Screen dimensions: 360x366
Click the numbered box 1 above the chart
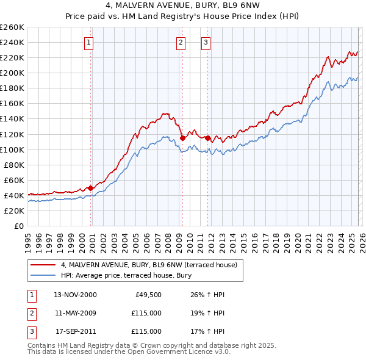[89, 42]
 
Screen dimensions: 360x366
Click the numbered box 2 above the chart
[181, 42]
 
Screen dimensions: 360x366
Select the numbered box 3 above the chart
[206, 42]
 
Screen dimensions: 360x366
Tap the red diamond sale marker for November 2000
[91, 188]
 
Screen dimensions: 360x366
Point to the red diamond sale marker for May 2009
[182, 138]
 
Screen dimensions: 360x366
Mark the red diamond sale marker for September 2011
[207, 138]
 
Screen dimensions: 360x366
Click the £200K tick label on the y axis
[12, 73]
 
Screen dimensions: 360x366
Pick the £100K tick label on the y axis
[12, 149]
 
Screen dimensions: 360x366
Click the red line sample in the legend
[43, 264]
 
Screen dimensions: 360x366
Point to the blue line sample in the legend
[43, 275]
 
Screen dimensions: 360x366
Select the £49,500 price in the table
[146, 295]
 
